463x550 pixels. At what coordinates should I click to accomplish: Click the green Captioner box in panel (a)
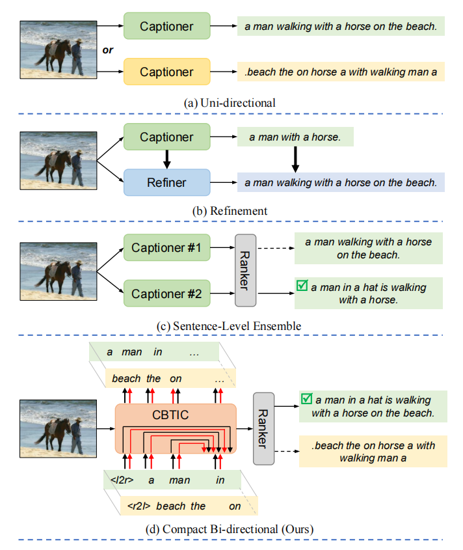click(x=166, y=27)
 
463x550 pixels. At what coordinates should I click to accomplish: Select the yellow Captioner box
click(x=166, y=71)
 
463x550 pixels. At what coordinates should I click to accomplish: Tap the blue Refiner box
click(x=166, y=182)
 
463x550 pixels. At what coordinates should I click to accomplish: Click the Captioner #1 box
click(x=166, y=248)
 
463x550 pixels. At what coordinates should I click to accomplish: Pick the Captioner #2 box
click(x=166, y=294)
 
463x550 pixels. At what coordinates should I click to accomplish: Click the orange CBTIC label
click(x=176, y=415)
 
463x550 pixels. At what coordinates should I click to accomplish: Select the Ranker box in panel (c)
click(x=246, y=270)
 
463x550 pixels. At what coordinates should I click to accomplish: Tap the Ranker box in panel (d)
click(x=263, y=428)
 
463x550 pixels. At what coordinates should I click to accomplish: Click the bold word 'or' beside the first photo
click(x=108, y=49)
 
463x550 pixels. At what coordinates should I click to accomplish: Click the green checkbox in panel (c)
click(x=301, y=286)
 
